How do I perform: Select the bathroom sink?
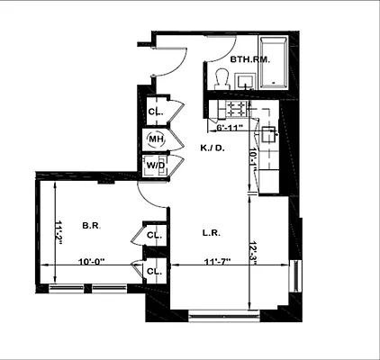[x=244, y=82]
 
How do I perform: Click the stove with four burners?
[x=236, y=110]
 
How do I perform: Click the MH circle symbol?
[x=156, y=139]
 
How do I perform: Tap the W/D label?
[x=155, y=165]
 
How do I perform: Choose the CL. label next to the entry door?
[x=154, y=112]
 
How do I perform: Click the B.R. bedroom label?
[x=89, y=225]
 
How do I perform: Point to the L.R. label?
[x=212, y=232]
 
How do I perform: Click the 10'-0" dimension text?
[x=91, y=262]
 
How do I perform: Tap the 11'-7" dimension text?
[x=197, y=262]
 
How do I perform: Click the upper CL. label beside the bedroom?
[x=154, y=236]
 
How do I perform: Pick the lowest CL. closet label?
[x=154, y=271]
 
